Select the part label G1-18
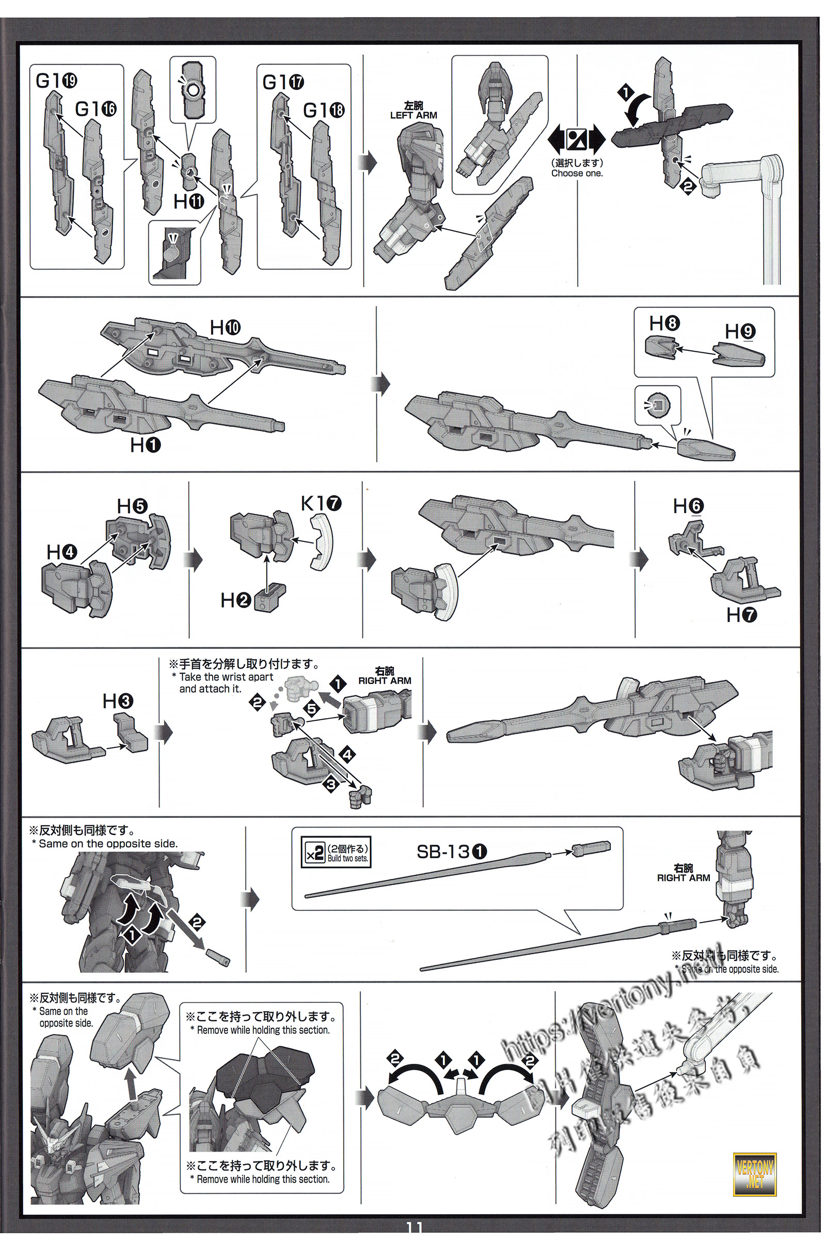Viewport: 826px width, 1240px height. coord(324,110)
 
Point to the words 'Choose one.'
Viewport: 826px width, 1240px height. coord(577,173)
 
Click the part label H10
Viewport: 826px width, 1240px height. coord(225,328)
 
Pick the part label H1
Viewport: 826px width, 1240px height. coord(146,445)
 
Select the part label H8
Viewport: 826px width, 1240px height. coord(664,323)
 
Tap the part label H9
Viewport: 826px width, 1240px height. coord(740,332)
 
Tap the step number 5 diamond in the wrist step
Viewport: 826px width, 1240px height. coord(312,709)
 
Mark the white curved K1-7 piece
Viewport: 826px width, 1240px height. coord(322,543)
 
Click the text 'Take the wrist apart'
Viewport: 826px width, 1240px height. coord(226,677)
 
